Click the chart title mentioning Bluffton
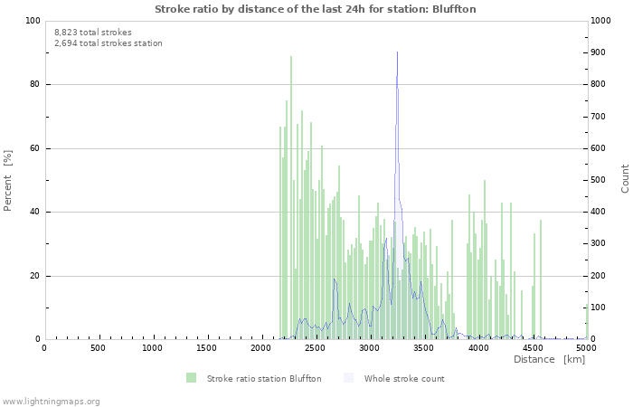point(316,9)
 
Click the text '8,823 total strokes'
point(92,32)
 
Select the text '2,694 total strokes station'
point(108,43)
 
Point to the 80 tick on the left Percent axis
point(33,85)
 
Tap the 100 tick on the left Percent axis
point(32,21)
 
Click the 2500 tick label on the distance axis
point(315,348)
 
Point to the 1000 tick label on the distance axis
point(153,348)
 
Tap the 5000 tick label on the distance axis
point(586,348)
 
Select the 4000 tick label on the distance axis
point(477,348)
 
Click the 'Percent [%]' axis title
point(8,180)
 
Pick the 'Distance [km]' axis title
point(549,360)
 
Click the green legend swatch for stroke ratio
point(191,378)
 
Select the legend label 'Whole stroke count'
point(404,378)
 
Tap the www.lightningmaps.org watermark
point(51,401)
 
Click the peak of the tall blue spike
point(397,52)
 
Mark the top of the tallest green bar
point(291,57)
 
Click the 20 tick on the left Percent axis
point(33,276)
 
